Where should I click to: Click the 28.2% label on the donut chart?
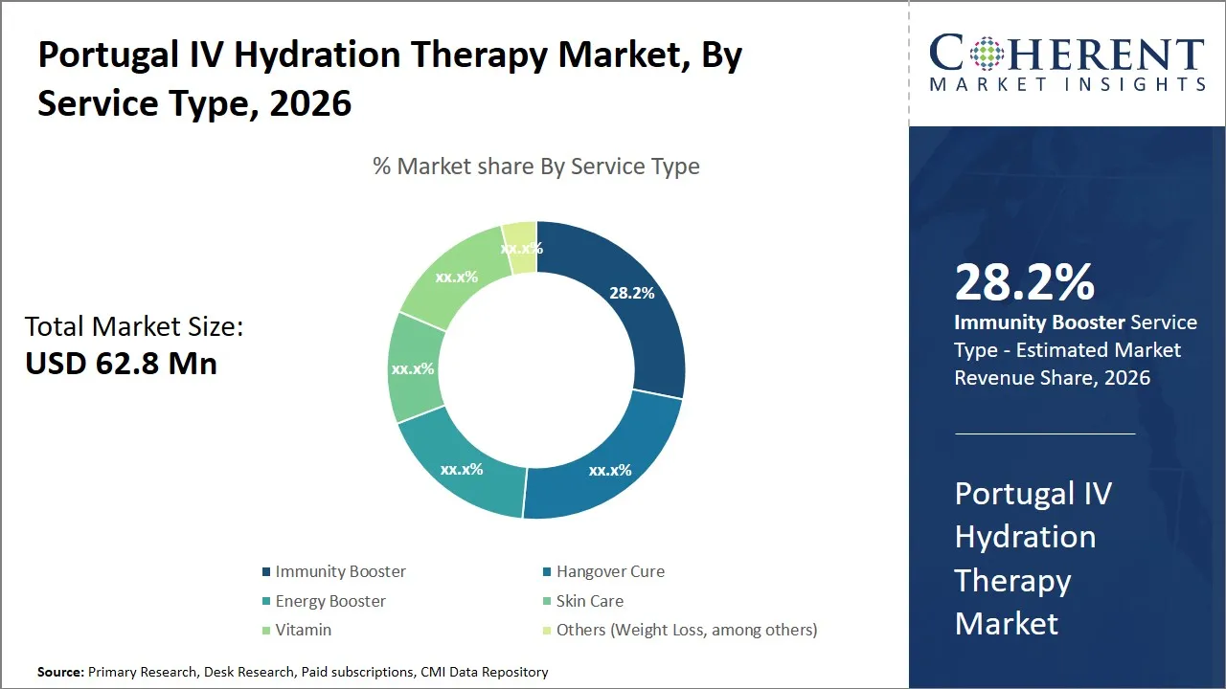[x=631, y=293]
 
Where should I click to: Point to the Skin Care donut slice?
[x=415, y=368]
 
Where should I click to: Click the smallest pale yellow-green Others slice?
[x=520, y=248]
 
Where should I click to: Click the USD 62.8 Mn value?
[x=121, y=364]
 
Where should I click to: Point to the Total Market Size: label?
[x=134, y=327]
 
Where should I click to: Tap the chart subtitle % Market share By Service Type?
[x=535, y=167]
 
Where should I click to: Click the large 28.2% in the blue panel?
[x=1024, y=282]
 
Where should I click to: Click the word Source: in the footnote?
[x=61, y=672]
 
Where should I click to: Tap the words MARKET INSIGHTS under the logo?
[x=1067, y=84]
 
